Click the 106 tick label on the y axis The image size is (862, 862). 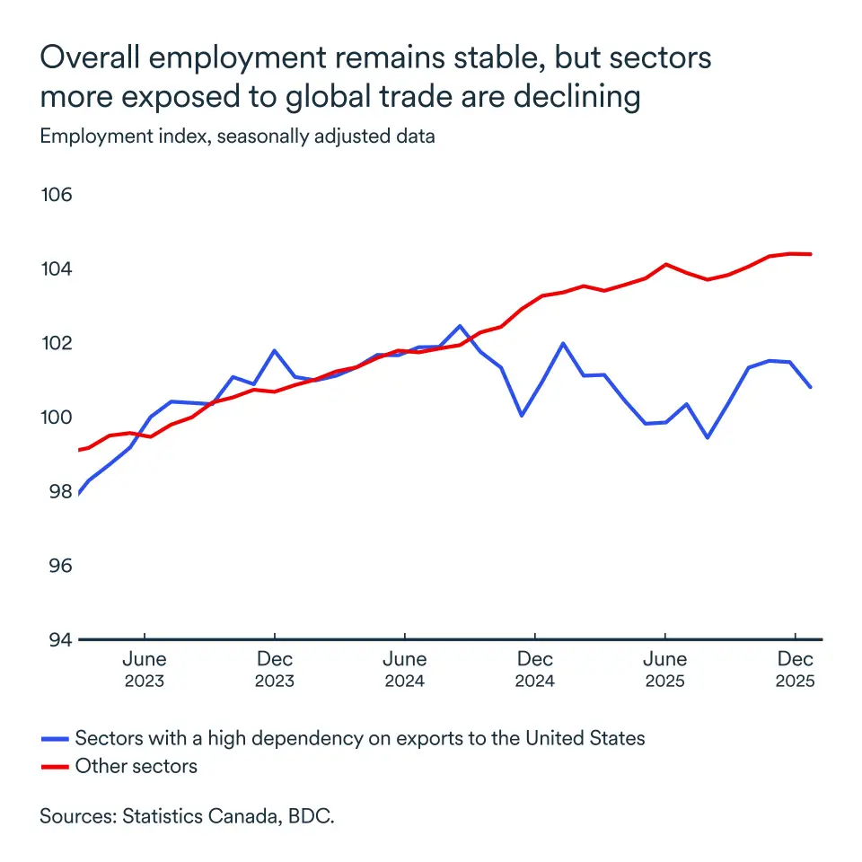pos(57,196)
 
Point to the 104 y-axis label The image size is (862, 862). pos(57,269)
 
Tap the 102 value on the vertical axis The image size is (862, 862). pos(57,344)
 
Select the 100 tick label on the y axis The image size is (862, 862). pos(57,418)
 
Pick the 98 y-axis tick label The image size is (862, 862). pos(57,492)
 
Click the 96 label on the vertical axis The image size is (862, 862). pos(57,566)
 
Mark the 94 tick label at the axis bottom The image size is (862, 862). pos(57,639)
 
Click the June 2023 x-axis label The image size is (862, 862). pos(145,670)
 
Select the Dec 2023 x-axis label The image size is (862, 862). pos(274,670)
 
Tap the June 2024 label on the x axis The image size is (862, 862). pos(405,670)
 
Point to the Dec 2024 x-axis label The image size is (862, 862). pos(534,670)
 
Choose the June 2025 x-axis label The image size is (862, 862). pos(665,670)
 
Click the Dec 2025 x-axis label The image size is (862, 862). pos(795,670)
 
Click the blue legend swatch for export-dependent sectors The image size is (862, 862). pos(55,739)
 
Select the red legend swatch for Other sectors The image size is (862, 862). pos(55,767)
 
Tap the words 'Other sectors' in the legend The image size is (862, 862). pos(136,767)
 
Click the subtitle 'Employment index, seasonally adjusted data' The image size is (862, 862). pos(237,137)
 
